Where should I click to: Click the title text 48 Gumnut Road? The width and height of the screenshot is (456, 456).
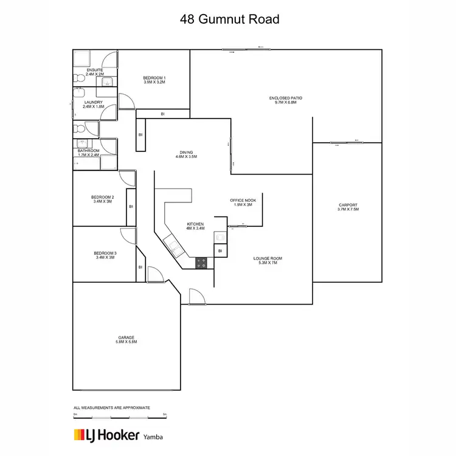click(x=229, y=19)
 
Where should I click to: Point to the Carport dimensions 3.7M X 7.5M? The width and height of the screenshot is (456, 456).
click(x=348, y=209)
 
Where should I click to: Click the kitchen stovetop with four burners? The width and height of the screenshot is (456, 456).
click(x=201, y=263)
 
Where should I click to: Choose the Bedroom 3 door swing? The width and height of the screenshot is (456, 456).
click(x=128, y=237)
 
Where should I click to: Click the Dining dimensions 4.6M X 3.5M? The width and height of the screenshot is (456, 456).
click(x=187, y=157)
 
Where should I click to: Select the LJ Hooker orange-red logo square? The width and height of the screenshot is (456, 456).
click(x=79, y=435)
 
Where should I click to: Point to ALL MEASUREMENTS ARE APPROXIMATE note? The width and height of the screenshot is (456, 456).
click(x=111, y=407)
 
